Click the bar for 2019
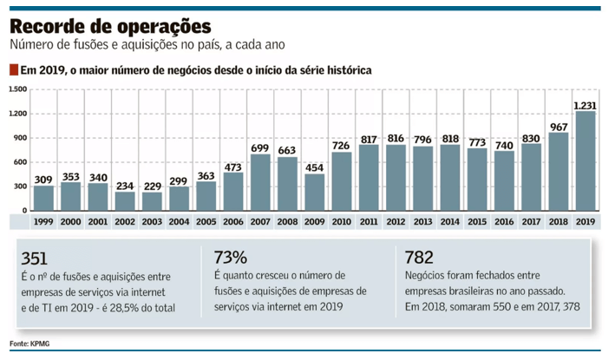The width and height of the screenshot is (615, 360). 584,161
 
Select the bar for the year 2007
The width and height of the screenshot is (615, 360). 259,183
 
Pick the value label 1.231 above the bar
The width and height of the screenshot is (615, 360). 584,105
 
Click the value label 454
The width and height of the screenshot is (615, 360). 314,167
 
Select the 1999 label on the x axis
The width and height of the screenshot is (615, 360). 43,222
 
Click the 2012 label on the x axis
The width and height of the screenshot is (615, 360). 395,222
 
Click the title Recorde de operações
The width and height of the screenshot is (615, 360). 109,23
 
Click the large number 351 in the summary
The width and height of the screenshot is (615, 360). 35,259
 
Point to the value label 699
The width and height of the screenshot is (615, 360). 259,148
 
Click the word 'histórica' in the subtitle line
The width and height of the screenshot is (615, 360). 344,70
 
